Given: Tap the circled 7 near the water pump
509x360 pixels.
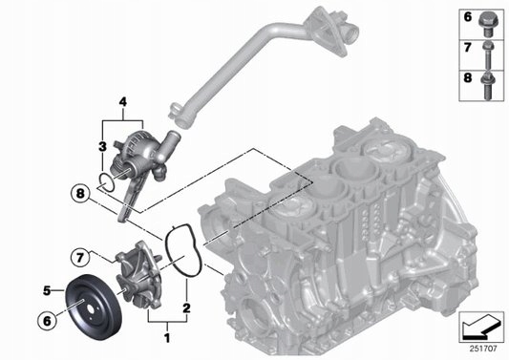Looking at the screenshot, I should pos(81,255).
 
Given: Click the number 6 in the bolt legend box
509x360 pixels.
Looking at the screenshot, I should pos(468,17).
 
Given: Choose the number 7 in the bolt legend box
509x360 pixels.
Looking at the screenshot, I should pos(468,46).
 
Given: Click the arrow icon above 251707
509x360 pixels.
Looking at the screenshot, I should pos(481,328).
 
